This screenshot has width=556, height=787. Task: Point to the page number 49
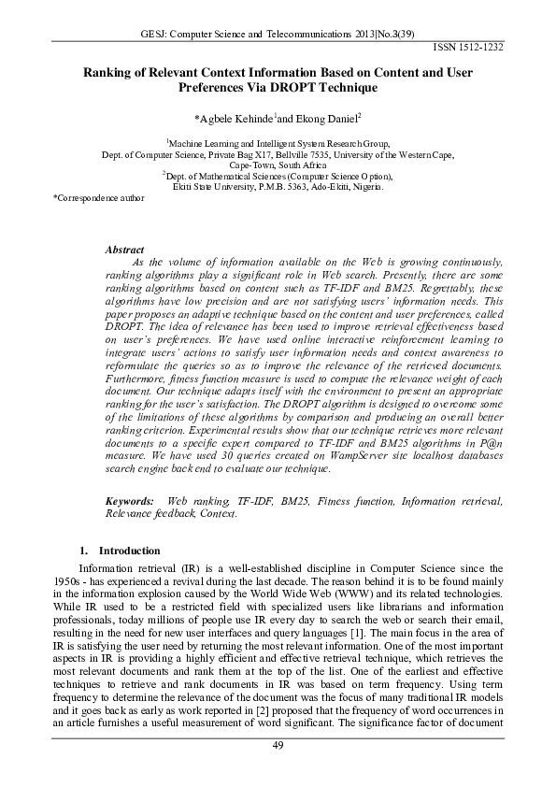pos(278,744)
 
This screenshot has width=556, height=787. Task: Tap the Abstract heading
pos(124,250)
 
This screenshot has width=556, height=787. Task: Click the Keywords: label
pos(130,502)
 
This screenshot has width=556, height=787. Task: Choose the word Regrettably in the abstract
pos(432,290)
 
